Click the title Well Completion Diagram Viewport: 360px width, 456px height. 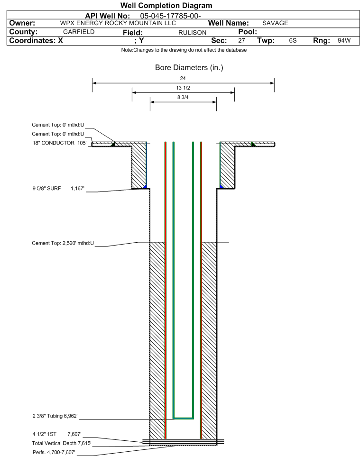pos(166,6)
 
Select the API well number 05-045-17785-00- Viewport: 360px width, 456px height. pos(170,16)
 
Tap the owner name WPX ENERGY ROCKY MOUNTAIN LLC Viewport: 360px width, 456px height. pos(118,23)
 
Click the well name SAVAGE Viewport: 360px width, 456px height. pos(275,23)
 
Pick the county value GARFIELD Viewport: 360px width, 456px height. pos(79,32)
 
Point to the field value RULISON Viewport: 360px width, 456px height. pos(193,33)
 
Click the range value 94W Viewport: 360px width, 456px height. pos(344,40)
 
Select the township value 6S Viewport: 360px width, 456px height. pos(293,40)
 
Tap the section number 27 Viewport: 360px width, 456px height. pos(241,40)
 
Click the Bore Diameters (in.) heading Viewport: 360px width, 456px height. pos(189,68)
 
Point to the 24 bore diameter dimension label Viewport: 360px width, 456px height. pos(183,78)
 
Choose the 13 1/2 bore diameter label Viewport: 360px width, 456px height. pos(183,88)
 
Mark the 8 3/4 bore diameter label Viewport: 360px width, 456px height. pos(183,98)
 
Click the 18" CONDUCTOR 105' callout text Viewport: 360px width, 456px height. pos(60,143)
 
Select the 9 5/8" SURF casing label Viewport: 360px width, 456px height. pos(46,189)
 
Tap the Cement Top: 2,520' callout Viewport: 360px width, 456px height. pos(63,243)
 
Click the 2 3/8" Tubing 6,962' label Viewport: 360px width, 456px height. pos(55,416)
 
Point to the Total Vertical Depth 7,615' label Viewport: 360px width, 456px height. pos(62,444)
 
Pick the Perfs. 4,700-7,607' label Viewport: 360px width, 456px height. pos(54,453)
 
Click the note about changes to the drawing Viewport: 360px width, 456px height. pos(184,50)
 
